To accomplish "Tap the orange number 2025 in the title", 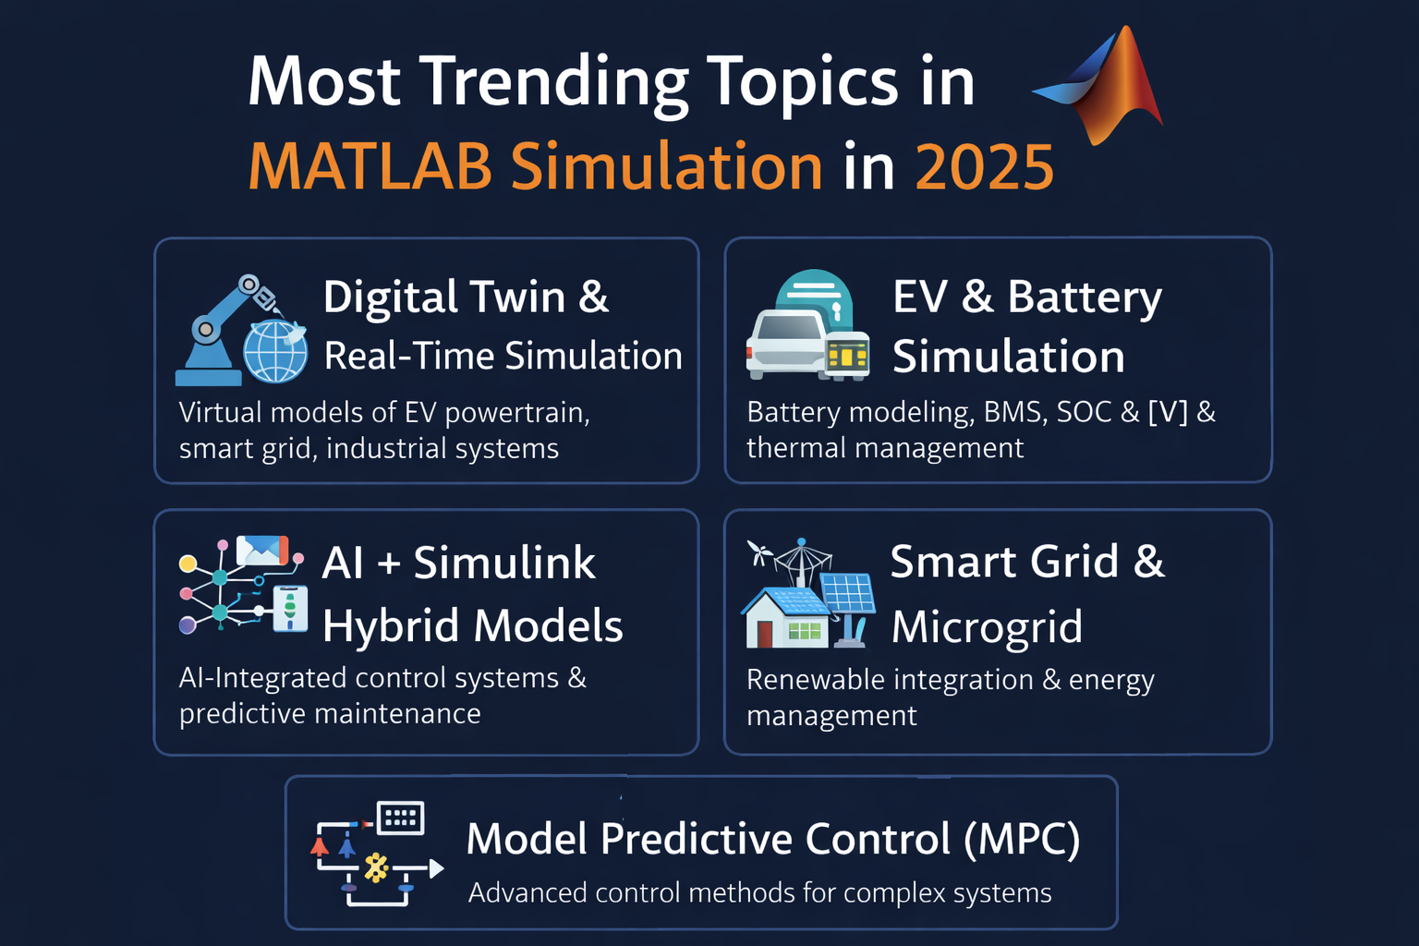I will tap(984, 168).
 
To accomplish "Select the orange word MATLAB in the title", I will tap(370, 168).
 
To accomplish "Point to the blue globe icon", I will tap(275, 352).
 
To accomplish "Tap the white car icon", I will tap(785, 344).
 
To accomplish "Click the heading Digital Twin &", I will tap(466, 297).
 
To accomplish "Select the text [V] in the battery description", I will tap(1168, 412).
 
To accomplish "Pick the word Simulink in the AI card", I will tap(503, 563).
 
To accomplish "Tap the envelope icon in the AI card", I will tap(262, 551).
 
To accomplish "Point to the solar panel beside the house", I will tap(848, 595).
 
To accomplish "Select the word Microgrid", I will tap(987, 627).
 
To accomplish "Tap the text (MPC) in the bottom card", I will tap(1022, 840).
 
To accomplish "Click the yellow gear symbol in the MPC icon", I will tap(376, 867).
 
